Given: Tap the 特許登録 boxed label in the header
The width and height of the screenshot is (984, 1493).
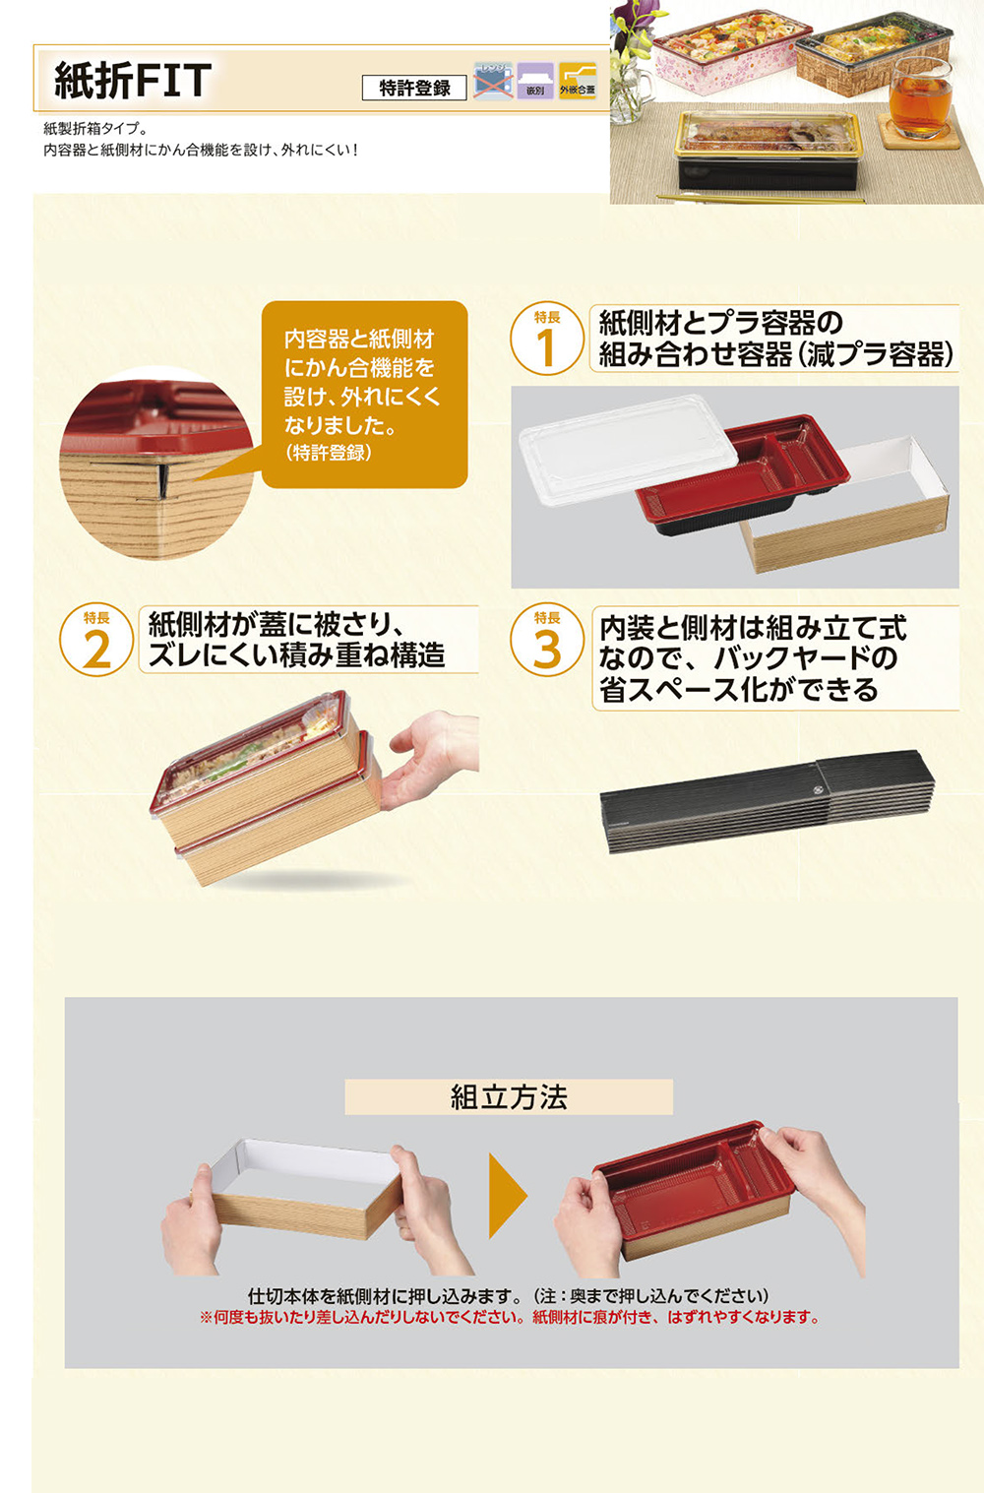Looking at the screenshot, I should pyautogui.click(x=414, y=89).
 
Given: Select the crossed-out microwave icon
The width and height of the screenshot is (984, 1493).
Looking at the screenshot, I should pyautogui.click(x=493, y=81).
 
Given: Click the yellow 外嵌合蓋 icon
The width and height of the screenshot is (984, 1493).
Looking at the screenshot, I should pyautogui.click(x=578, y=81).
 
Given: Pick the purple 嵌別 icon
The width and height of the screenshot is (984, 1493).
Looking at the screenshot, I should pyautogui.click(x=535, y=81).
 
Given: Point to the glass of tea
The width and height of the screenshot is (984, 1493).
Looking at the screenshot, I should pyautogui.click(x=920, y=98).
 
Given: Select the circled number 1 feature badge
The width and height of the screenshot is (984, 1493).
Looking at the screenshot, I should pyautogui.click(x=547, y=340).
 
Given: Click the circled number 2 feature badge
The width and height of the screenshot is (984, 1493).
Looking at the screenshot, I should pyautogui.click(x=96, y=642).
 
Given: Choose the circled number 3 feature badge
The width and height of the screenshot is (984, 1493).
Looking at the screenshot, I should pyautogui.click(x=547, y=642).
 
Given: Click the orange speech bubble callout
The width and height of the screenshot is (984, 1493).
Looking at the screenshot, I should pyautogui.click(x=364, y=394).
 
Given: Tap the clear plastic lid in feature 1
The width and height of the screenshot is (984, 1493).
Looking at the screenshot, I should pyautogui.click(x=627, y=448).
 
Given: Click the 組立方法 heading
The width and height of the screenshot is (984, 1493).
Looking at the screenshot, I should pyautogui.click(x=509, y=1097).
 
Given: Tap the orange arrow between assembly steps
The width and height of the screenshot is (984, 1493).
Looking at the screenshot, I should pyautogui.click(x=507, y=1196).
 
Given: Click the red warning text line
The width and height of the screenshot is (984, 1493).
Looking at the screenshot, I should pyautogui.click(x=510, y=1318).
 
